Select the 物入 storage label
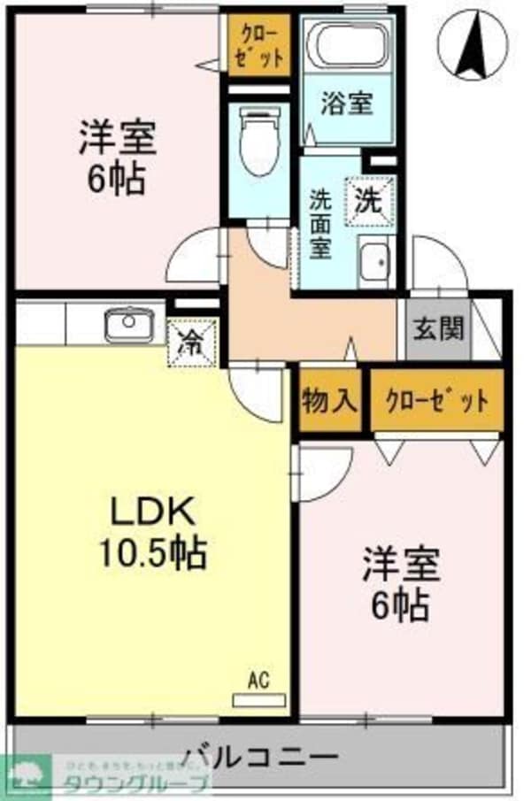[329, 401]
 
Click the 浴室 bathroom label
[346, 104]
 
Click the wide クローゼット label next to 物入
[436, 401]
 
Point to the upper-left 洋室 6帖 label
[117, 157]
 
